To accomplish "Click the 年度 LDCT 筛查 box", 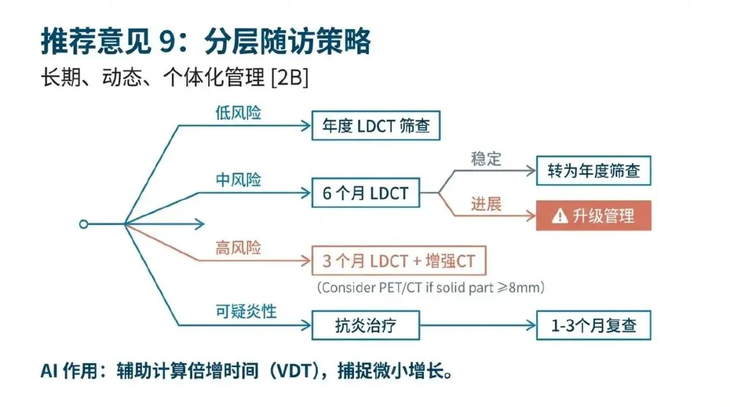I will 376,126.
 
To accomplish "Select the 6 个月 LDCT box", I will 365,193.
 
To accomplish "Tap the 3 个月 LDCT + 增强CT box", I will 399,260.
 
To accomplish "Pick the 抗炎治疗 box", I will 365,325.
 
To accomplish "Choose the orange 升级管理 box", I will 593,216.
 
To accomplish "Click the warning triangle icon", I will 560,216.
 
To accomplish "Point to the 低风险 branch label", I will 238,114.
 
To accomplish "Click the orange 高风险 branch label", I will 238,248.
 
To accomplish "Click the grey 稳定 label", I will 486,160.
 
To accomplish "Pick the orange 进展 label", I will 486,203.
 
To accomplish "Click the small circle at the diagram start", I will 83,223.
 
